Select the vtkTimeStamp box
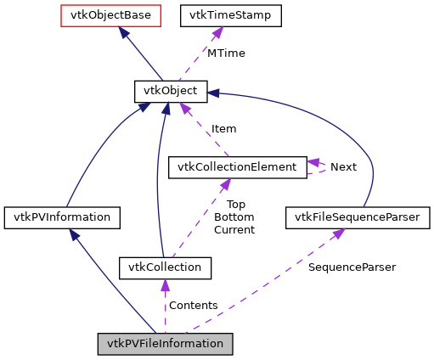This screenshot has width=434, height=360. pyautogui.click(x=217, y=14)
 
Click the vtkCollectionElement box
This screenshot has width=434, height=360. pyautogui.click(x=237, y=166)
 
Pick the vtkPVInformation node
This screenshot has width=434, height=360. pyautogui.click(x=61, y=217)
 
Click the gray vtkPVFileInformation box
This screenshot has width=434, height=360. pyautogui.click(x=165, y=344)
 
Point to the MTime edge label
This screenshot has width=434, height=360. pyautogui.click(x=226, y=53)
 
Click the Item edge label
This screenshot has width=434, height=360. pyautogui.click(x=223, y=128)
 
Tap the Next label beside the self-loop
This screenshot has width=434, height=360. pyautogui.click(x=343, y=167)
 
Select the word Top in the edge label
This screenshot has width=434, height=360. pyautogui.click(x=235, y=204)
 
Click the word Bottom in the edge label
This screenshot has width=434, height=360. pyautogui.click(x=234, y=217)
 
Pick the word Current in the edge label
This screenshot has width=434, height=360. pyautogui.click(x=234, y=229)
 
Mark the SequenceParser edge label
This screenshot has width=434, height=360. pyautogui.click(x=352, y=267)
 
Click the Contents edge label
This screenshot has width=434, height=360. pyautogui.click(x=193, y=305)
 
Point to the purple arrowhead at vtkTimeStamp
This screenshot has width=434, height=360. pyautogui.click(x=217, y=32)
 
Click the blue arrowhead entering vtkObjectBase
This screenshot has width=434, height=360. pyautogui.click(x=124, y=31)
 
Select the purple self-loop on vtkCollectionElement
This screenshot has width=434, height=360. pyautogui.click(x=317, y=166)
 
